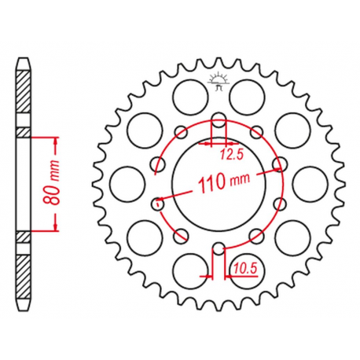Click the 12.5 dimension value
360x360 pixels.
coord(232,155)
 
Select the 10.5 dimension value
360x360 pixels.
coord(244,268)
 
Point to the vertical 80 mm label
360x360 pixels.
coord(50,184)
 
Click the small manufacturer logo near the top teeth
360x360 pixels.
coord(219,81)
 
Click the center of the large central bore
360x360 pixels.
coord(219,183)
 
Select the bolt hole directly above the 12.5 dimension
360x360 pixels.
coord(219,119)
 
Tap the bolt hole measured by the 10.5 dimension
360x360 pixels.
coord(219,248)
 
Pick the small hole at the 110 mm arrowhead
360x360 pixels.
coord(280,163)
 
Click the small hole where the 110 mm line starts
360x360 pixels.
coord(158,204)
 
